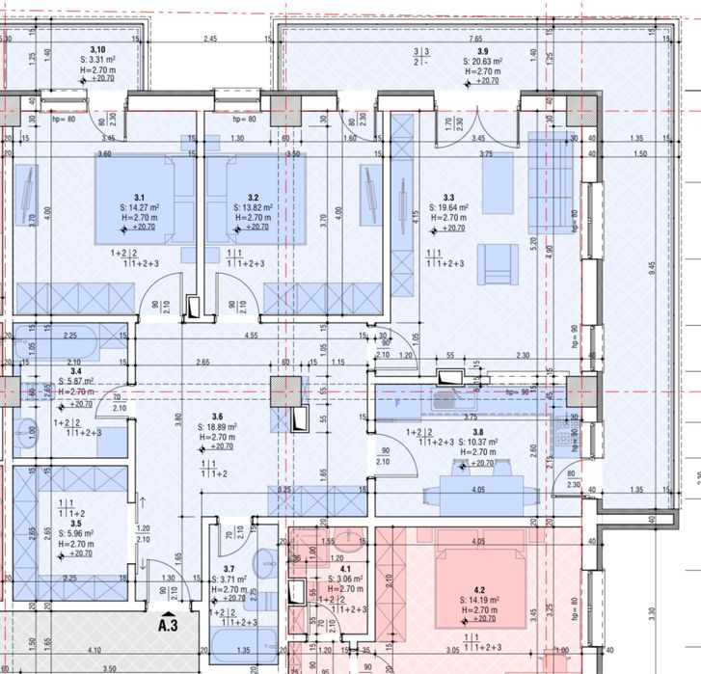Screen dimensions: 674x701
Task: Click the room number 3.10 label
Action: pyautogui.click(x=97, y=49)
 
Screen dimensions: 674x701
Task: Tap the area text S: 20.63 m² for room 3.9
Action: pyautogui.click(x=482, y=61)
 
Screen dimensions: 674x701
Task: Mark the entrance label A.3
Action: pyautogui.click(x=168, y=624)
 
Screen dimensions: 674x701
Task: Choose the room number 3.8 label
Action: pyautogui.click(x=478, y=432)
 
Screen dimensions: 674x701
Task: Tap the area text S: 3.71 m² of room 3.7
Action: pyautogui.click(x=228, y=579)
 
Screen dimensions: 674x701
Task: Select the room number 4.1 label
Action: pyautogui.click(x=334, y=568)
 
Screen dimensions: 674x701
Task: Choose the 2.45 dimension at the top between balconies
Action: pyautogui.click(x=211, y=39)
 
